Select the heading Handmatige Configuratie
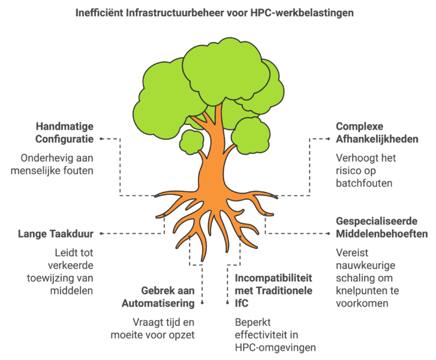coord(67,133)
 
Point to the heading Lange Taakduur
coord(58,233)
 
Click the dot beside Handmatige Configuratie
coord(102,139)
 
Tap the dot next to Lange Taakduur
coord(101,233)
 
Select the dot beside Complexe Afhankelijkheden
coord(328,139)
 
